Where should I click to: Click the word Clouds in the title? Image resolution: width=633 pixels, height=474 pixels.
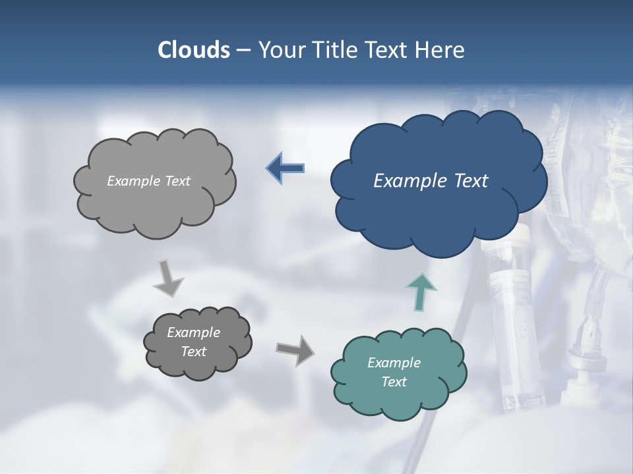[x=194, y=50]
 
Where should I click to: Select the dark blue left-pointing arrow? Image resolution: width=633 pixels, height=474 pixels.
[x=286, y=169]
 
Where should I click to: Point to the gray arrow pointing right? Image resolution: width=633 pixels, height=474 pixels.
[x=295, y=350]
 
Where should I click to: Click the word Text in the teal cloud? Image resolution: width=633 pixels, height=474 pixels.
[x=394, y=382]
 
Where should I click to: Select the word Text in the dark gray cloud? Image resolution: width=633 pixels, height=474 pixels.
[x=194, y=352]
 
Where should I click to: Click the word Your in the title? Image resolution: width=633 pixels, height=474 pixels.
[x=279, y=50]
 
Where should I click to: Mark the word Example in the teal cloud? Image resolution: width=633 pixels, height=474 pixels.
[x=394, y=363]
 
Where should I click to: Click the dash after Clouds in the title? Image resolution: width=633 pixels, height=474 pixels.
[x=243, y=51]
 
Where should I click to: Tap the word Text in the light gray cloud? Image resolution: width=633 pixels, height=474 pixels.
[x=177, y=181]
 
